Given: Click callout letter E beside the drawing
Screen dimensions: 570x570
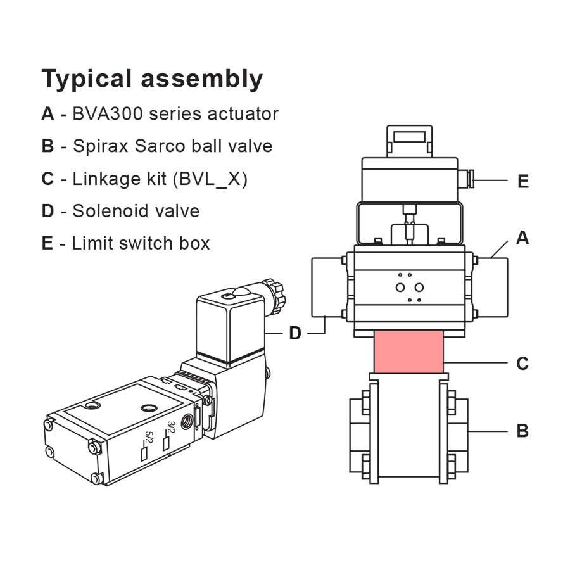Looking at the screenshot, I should point(523,182).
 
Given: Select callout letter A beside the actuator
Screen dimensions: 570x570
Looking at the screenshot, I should point(522,238).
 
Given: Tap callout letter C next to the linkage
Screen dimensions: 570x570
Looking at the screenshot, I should point(522,364).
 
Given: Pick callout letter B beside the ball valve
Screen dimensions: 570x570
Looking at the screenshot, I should point(522,431).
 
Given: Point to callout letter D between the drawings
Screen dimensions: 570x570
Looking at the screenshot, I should point(295,333).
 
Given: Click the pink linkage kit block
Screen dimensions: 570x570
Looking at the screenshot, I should point(408,351).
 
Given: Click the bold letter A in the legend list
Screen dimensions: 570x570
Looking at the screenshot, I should point(47,114).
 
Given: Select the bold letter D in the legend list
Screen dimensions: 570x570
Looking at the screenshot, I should point(47,211).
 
